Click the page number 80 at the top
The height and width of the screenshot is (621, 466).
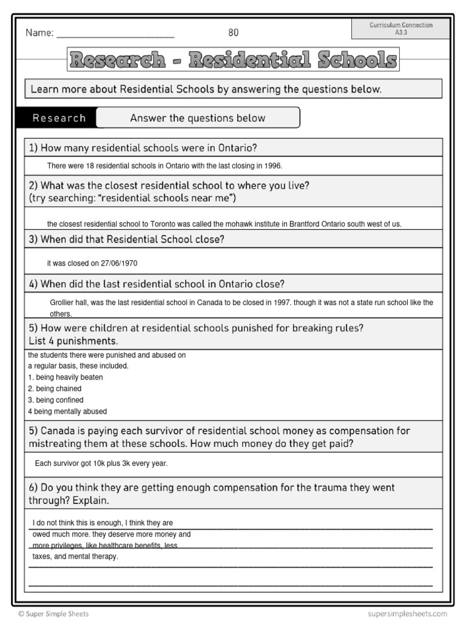click(234, 33)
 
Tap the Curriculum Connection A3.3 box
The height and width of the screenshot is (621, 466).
click(401, 29)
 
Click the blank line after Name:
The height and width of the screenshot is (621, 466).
click(115, 34)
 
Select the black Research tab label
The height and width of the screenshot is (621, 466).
click(59, 118)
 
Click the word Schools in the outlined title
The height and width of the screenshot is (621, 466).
click(348, 60)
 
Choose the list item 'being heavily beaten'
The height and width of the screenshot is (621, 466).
click(69, 377)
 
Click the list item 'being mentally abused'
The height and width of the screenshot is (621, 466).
click(70, 412)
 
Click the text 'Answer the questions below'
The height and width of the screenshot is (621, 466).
click(198, 118)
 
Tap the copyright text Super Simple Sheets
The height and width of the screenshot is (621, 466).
click(53, 614)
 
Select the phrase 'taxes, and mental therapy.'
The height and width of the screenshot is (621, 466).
click(75, 556)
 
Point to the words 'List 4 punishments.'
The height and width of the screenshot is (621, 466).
click(73, 341)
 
